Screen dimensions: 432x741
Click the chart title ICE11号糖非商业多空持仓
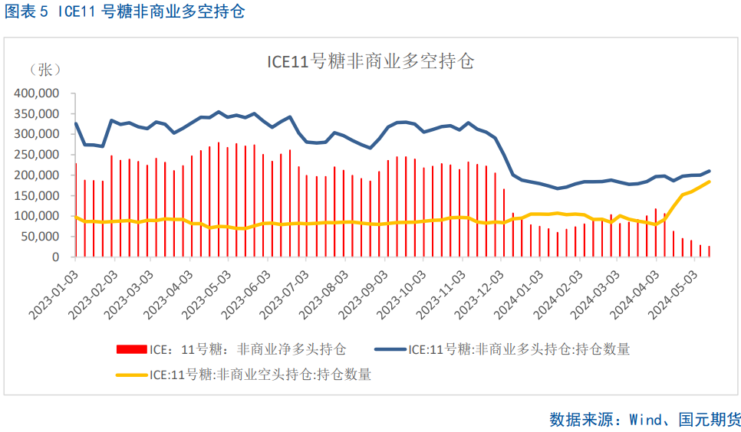(x=370, y=62)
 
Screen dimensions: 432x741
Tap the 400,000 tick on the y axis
(x=37, y=93)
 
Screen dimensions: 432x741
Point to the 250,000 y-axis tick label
(x=37, y=155)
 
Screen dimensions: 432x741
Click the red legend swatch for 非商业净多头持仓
(x=130, y=349)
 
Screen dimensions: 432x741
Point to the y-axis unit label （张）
(x=44, y=70)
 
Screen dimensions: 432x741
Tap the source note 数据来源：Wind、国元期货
(x=645, y=419)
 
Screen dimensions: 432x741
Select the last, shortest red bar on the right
(x=709, y=251)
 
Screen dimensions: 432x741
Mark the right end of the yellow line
(x=709, y=182)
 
